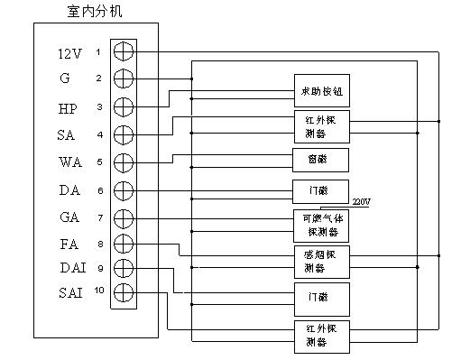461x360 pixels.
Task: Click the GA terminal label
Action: [x=69, y=217]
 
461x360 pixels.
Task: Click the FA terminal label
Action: [x=69, y=244]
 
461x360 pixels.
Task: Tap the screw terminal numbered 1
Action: [x=124, y=51]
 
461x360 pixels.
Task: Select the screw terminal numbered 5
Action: [x=124, y=162]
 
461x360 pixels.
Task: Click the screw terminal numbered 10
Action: [x=124, y=291]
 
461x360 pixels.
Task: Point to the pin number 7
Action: [x=100, y=217]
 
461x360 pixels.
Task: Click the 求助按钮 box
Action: [x=321, y=91]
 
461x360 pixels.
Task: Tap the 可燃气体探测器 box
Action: [x=321, y=225]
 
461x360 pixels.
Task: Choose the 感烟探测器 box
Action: [x=321, y=262]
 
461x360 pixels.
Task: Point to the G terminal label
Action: [x=65, y=79]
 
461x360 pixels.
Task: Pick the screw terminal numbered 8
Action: [x=124, y=244]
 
